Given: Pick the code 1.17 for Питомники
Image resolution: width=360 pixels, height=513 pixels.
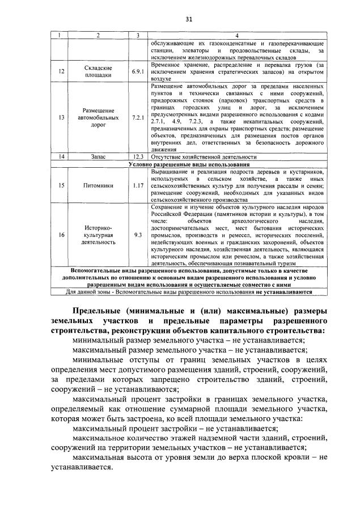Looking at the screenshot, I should (137, 185).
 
